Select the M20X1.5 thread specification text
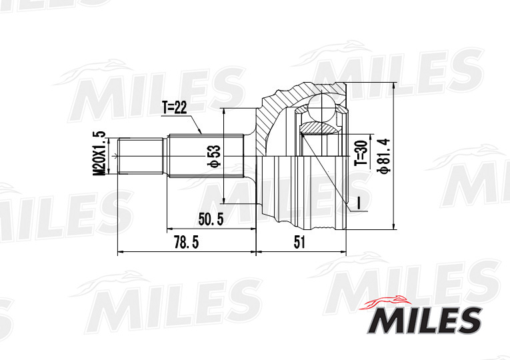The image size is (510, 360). (99, 154)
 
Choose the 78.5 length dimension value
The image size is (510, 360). (186, 243)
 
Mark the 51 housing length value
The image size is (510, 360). (299, 243)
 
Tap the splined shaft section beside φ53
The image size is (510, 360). (190, 157)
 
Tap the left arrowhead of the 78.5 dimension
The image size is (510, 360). (120, 253)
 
